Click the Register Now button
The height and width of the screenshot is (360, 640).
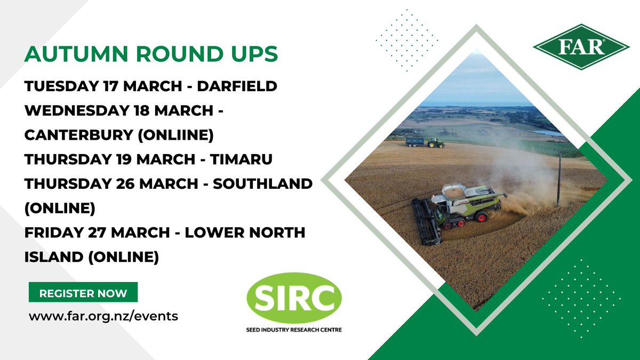[x=83, y=293]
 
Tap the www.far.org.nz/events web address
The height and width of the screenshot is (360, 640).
[x=103, y=316]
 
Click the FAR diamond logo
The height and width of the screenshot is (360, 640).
[x=581, y=46]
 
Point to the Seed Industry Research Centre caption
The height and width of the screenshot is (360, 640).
[x=293, y=330]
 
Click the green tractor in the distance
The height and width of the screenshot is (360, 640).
[x=435, y=142]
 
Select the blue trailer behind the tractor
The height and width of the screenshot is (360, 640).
[x=414, y=141]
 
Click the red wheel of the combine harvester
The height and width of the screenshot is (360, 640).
[x=481, y=216]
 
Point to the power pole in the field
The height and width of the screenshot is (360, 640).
[x=559, y=178]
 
